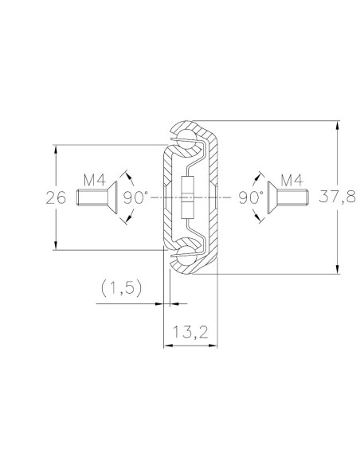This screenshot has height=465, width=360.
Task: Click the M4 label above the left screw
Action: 96,180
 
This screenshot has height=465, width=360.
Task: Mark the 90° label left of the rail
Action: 135,197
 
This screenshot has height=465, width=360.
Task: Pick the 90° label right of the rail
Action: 249,197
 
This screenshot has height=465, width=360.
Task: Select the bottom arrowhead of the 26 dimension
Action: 56,245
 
